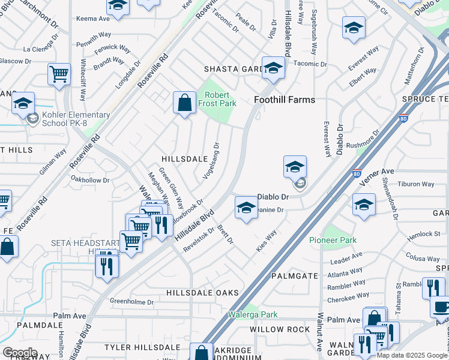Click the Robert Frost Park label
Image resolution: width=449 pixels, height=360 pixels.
[x=220, y=100]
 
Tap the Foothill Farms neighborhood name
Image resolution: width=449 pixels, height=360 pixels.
[x=285, y=100]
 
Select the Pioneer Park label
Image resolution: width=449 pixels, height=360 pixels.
[x=333, y=241]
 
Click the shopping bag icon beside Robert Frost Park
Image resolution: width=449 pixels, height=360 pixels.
[x=184, y=103]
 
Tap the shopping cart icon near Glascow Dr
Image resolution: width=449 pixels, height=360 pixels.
[x=59, y=75]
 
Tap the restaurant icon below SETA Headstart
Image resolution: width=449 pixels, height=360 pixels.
[x=107, y=264]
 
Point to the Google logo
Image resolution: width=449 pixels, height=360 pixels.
[x=20, y=353]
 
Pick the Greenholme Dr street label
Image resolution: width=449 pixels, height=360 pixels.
[x=131, y=302]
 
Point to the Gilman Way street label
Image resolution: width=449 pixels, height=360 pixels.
[x=53, y=162]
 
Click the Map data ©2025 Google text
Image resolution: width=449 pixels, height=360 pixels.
[x=412, y=355]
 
